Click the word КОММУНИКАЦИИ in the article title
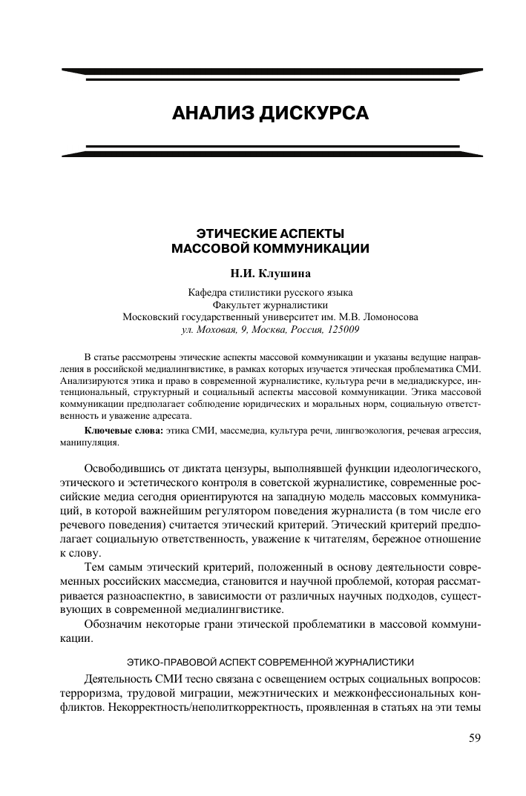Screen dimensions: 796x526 click(x=309, y=247)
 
